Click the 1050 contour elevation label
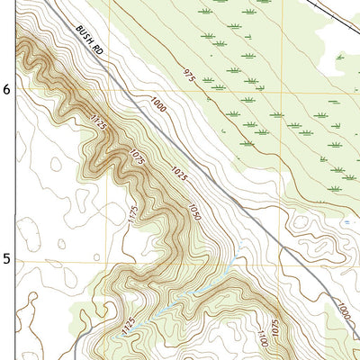point(193,212)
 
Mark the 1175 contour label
point(134,214)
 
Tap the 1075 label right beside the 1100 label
point(275,323)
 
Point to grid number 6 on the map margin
point(7,90)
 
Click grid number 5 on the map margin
point(7,258)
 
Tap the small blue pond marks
point(346,221)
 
